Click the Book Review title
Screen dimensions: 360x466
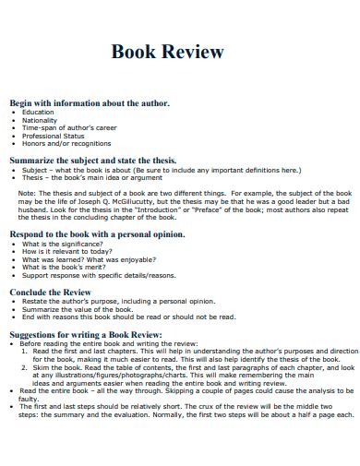[167, 52]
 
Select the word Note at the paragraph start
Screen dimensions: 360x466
[27, 192]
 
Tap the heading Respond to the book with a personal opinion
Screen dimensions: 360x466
[97, 234]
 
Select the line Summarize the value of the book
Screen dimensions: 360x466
[80, 307]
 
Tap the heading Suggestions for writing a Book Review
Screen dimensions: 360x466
[86, 333]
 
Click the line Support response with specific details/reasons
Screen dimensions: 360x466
[99, 275]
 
